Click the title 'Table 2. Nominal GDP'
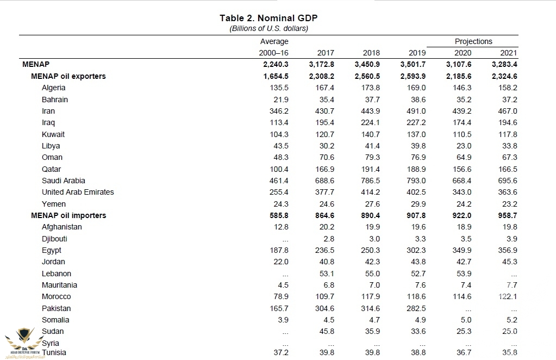(x=268, y=18)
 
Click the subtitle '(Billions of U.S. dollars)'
(x=268, y=28)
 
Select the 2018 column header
(x=371, y=53)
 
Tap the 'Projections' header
(x=473, y=41)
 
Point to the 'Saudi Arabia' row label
(x=64, y=181)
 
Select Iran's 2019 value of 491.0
(x=416, y=111)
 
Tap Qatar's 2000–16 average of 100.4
(x=278, y=169)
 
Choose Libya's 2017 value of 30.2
(x=326, y=146)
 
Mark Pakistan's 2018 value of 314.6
(x=370, y=308)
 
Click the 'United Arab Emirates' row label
(x=78, y=192)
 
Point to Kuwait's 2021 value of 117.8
(x=508, y=134)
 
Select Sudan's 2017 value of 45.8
(x=326, y=331)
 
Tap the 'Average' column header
(x=274, y=41)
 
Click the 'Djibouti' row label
(x=55, y=239)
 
